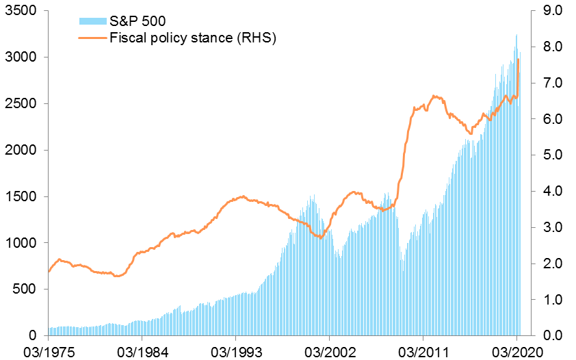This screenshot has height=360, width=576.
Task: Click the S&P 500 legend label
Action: point(138,22)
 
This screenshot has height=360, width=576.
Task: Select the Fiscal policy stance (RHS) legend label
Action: point(192,38)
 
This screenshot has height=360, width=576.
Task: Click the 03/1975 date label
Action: point(49,351)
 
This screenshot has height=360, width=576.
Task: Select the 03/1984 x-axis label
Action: point(142,351)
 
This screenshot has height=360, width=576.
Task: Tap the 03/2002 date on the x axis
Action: point(329,351)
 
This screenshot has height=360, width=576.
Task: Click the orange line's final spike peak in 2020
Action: point(519,60)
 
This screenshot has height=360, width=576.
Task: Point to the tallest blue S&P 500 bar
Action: point(516,35)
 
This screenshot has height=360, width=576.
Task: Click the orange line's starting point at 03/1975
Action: point(49,271)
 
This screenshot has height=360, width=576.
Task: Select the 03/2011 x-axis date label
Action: point(423,351)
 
